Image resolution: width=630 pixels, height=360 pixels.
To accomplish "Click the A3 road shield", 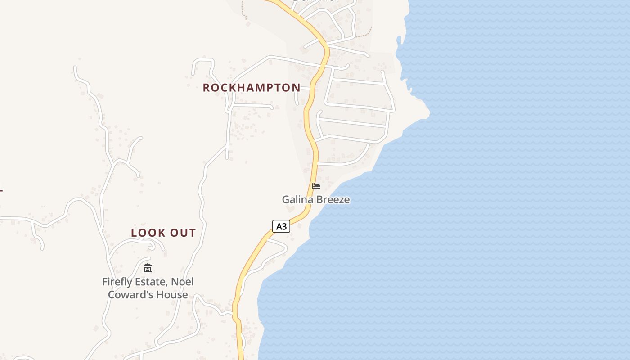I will (281, 226).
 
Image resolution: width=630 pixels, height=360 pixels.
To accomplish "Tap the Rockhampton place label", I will (252, 88).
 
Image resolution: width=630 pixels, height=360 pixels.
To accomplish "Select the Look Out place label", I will (163, 233).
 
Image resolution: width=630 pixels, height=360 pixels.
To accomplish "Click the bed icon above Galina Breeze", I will (316, 186).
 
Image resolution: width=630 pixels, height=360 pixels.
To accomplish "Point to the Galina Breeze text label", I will (316, 199).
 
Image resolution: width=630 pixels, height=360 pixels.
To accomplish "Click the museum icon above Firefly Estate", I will (148, 268).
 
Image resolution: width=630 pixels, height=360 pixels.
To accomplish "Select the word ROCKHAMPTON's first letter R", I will (207, 88).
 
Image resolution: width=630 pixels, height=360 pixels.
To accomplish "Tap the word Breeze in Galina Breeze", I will (333, 199).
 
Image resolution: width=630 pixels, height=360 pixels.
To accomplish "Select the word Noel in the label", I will (183, 282).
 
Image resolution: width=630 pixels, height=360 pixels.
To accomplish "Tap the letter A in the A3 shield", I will (279, 226).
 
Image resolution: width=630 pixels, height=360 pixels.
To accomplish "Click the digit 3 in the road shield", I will (284, 226).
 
